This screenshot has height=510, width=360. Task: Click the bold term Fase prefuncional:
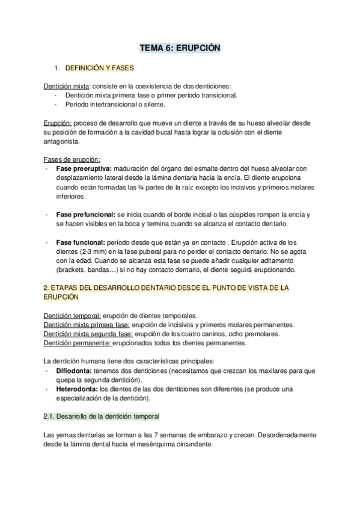tap(86, 215)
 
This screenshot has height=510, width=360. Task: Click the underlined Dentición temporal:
tap(72, 316)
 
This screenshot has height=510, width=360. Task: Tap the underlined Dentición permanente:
tap(78, 343)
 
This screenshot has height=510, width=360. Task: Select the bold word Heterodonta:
tap(79, 389)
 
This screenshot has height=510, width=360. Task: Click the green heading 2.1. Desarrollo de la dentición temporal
tap(102, 416)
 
